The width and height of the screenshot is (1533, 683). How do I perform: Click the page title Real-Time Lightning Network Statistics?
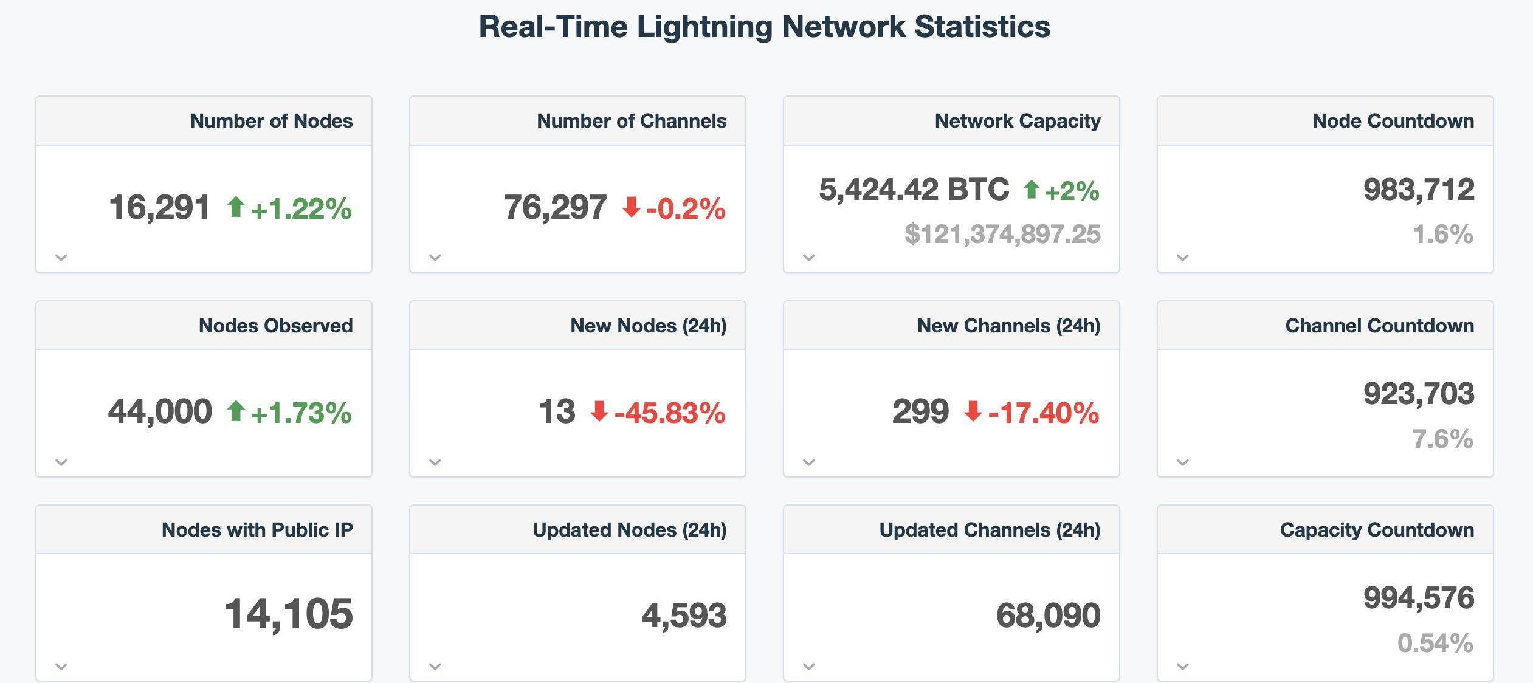[764, 27]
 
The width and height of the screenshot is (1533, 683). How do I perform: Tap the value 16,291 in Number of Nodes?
[159, 207]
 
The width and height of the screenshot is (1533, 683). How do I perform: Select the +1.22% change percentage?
[301, 208]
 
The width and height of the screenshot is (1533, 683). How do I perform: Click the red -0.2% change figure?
[686, 208]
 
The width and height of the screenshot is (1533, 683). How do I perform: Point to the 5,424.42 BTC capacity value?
[914, 190]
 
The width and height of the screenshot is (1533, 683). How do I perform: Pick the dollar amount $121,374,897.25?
[1002, 234]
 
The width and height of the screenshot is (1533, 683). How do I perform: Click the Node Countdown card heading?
[1393, 121]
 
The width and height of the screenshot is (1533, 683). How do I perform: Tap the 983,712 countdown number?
[1419, 190]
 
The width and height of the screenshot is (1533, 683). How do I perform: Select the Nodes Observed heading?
[275, 326]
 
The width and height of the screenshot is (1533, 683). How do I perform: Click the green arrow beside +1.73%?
[236, 411]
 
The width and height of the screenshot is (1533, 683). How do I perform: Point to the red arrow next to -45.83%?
[599, 411]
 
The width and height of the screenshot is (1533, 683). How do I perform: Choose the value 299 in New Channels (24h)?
[920, 411]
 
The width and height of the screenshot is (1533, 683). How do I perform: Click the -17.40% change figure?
[1044, 413]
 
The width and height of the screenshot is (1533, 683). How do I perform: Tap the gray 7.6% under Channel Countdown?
[1442, 439]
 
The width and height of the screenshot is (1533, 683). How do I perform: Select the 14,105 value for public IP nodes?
[289, 614]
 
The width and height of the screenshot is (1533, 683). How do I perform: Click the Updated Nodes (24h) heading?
[629, 530]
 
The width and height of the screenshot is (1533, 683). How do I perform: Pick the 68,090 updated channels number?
[1048, 615]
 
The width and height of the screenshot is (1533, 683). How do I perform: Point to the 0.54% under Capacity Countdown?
[1435, 643]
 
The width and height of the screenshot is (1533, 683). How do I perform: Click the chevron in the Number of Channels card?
[435, 258]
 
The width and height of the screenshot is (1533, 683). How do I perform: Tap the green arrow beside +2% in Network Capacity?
[1031, 190]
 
